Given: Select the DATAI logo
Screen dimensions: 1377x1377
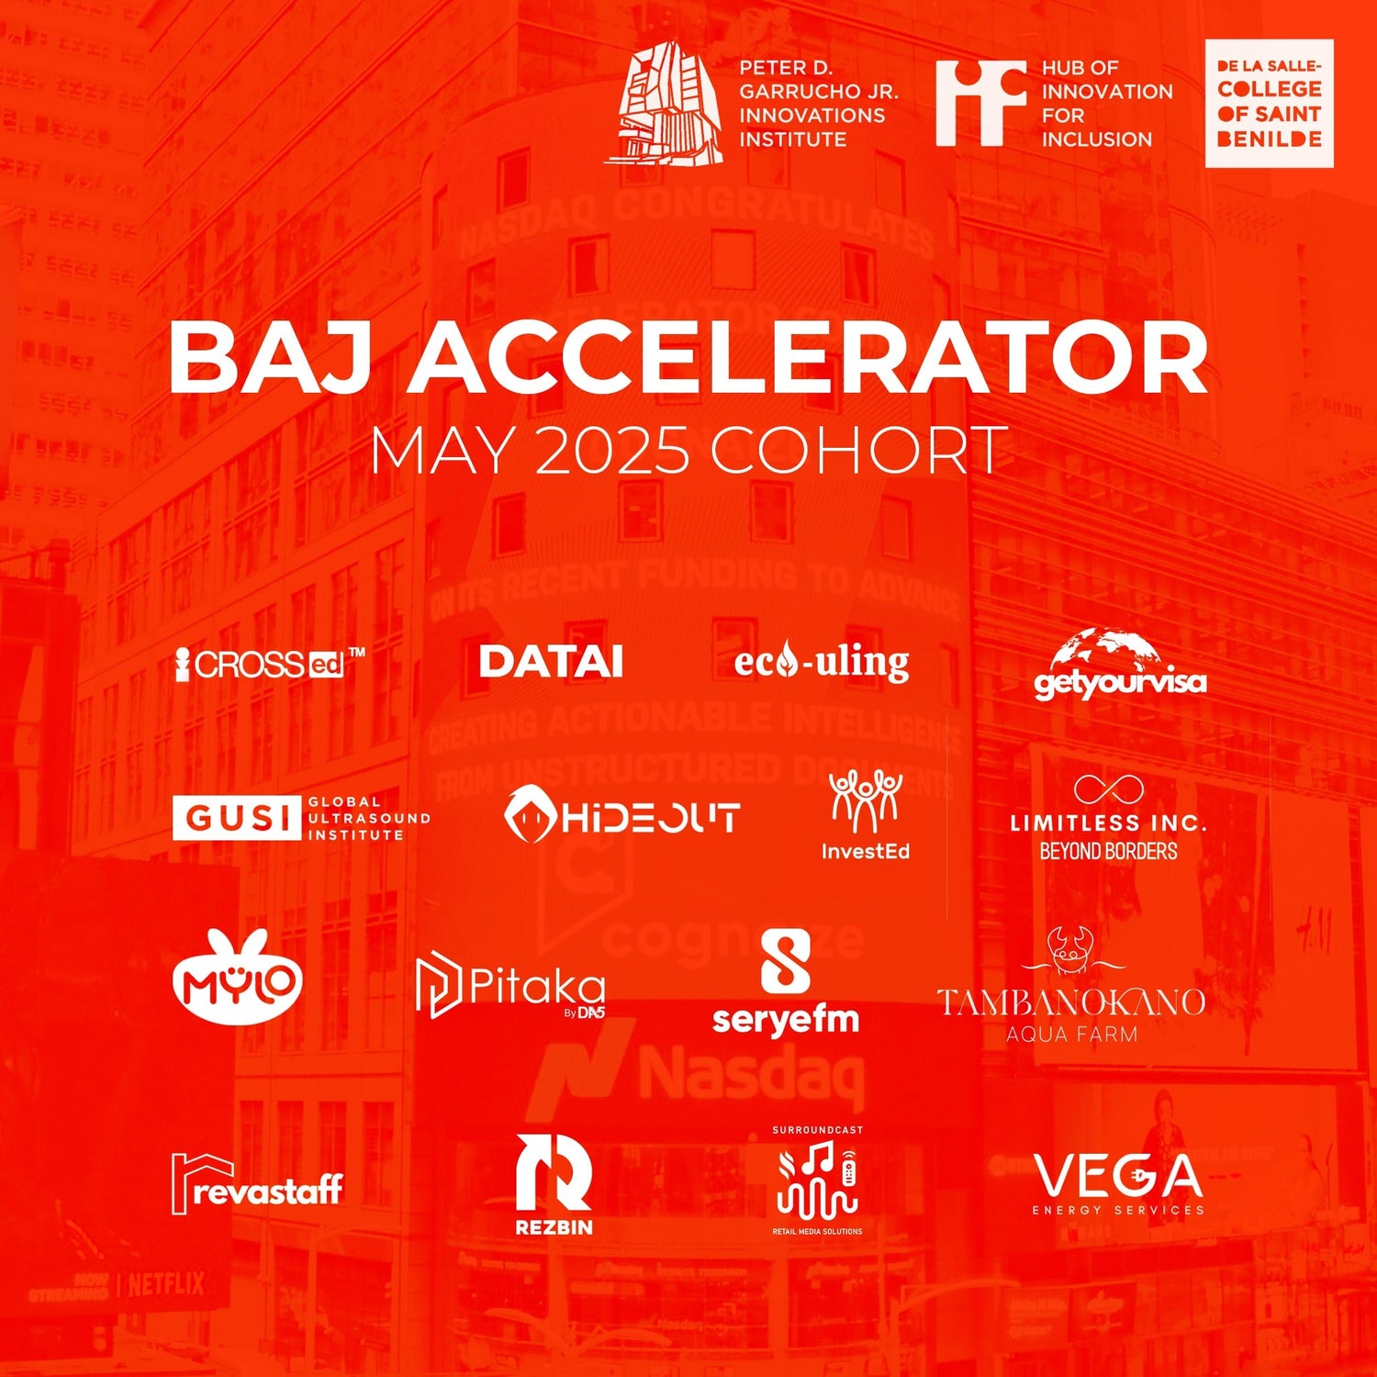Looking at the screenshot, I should point(551,662).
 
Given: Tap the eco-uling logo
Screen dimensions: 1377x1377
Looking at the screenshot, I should point(822,662).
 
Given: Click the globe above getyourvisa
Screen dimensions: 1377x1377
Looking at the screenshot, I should point(1107,648).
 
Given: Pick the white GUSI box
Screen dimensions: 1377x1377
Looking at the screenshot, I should point(236,817).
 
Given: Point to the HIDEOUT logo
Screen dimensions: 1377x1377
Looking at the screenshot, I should point(621,814).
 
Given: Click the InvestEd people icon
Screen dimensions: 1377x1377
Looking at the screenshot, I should point(865,800).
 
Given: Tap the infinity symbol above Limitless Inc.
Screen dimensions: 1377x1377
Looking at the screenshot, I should point(1108,789).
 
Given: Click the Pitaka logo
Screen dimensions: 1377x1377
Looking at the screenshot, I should point(510,987).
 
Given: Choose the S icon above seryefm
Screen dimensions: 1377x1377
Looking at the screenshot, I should point(786,960).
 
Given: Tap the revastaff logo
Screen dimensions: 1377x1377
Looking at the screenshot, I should point(256,1185).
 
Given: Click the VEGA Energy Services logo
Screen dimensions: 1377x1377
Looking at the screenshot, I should point(1118,1182).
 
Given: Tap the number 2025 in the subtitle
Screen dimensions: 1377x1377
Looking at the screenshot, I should point(612,451).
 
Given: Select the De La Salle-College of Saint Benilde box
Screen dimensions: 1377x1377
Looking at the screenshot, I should point(1269,104).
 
